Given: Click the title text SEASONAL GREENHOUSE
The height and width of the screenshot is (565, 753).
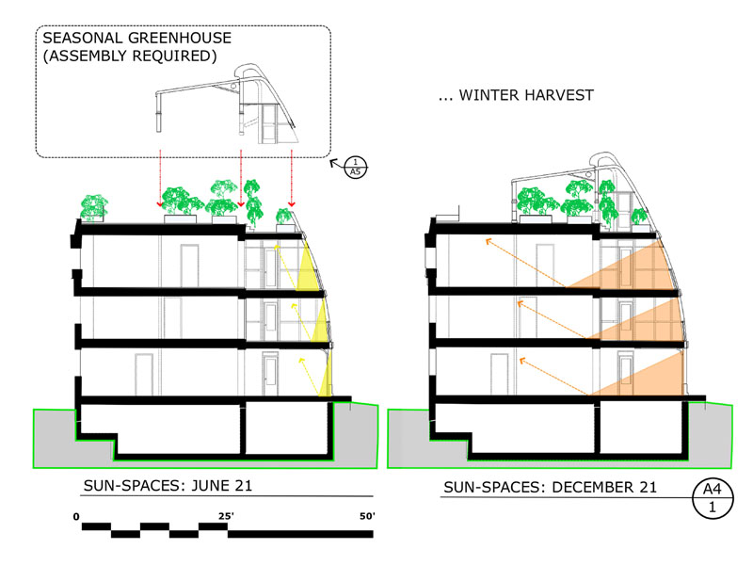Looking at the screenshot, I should [x=136, y=40].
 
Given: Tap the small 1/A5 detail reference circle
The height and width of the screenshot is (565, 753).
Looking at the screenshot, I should [x=353, y=166].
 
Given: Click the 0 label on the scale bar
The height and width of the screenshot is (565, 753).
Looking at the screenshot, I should [x=76, y=515].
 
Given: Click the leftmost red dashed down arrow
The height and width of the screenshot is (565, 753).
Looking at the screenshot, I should [x=160, y=179].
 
